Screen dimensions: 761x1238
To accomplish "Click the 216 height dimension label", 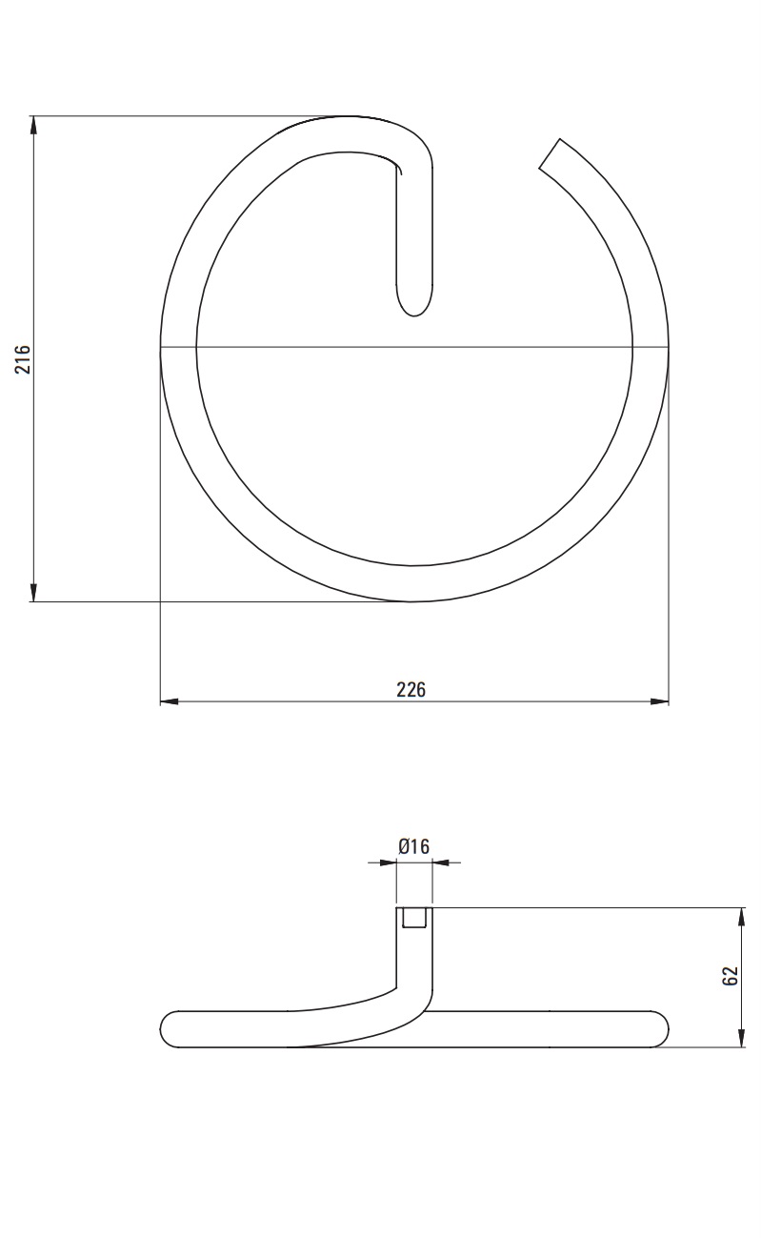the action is (23, 358).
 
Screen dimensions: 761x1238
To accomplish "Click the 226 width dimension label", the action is (411, 690).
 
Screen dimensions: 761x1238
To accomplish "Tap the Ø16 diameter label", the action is (413, 846).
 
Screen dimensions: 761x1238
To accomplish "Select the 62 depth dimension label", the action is (731, 976).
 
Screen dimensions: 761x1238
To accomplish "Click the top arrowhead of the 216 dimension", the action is (33, 125).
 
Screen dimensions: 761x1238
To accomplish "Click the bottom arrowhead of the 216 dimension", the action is (33, 593).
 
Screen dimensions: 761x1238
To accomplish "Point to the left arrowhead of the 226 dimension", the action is (170, 701).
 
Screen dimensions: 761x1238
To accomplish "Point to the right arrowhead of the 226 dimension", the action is (659, 701).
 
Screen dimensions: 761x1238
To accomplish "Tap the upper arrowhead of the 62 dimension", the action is (741, 917).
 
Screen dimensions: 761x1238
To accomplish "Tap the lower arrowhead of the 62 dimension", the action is (741, 1037).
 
